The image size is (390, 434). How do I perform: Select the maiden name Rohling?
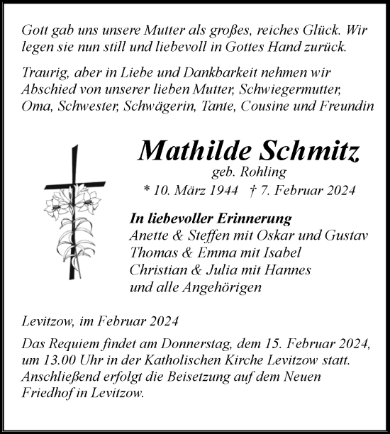(267, 172)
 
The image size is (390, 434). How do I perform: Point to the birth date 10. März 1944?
(191, 190)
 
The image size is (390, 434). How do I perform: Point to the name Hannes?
(274, 269)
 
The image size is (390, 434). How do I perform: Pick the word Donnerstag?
(229, 345)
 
